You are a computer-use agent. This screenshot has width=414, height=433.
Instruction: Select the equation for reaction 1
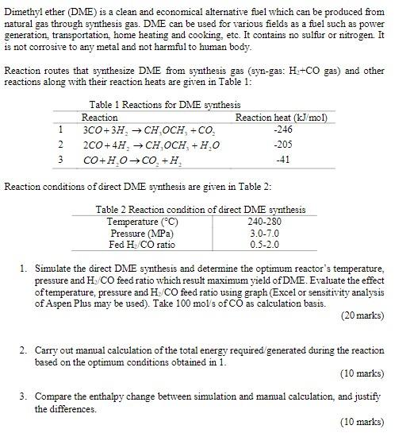tap(143, 130)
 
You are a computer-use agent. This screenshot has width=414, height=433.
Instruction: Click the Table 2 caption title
tap(200, 210)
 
